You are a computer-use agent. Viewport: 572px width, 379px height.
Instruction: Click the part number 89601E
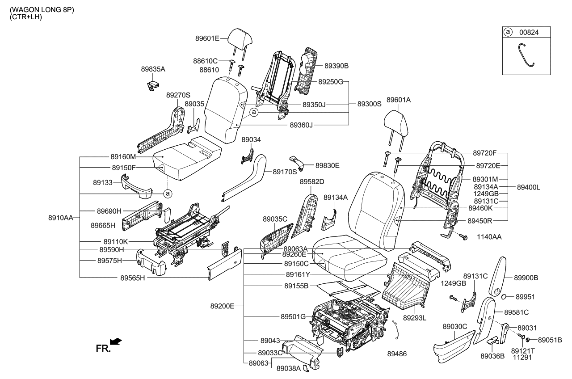pos(207,38)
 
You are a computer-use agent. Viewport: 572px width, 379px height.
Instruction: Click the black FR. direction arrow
pos(116,342)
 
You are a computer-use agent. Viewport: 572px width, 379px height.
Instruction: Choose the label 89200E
pos(223,307)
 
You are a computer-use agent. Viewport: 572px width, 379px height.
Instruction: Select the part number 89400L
pos(528,187)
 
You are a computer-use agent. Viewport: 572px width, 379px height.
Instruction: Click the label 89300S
pos(369,104)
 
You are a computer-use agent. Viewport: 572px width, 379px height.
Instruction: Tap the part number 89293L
pos(415,318)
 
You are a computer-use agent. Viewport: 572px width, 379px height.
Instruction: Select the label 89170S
pos(285,172)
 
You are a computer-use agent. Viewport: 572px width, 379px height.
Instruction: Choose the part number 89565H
pos(133,278)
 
